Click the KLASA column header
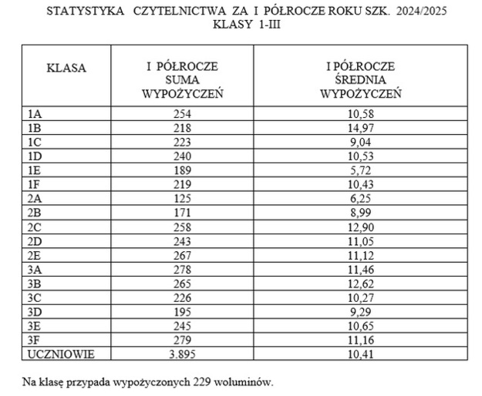point(66,68)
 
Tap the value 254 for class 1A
point(182,114)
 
